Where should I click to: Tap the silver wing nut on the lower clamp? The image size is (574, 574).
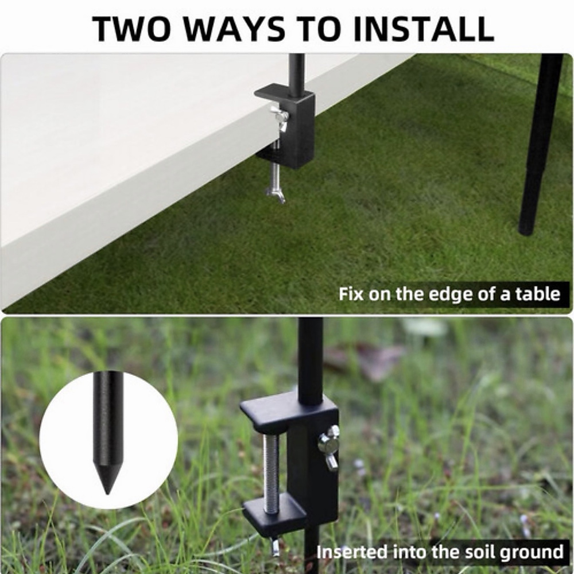coord(330,447)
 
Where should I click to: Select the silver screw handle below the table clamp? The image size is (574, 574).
coord(276,189)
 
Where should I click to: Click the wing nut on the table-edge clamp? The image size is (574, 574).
coord(280,117)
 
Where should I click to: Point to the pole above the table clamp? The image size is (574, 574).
coord(296,72)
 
